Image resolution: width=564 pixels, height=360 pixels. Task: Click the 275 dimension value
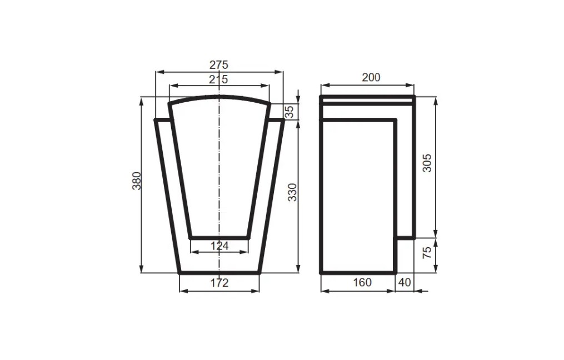pyautogui.click(x=219, y=65)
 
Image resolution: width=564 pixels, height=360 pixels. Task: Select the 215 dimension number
pyautogui.click(x=218, y=79)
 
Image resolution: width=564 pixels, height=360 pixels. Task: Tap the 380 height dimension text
pyautogui.click(x=136, y=181)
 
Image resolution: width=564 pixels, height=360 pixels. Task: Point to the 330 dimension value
pyautogui.click(x=293, y=191)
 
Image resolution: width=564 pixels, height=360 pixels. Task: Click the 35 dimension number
pyautogui.click(x=290, y=112)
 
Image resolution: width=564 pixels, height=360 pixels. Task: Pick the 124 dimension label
pyautogui.click(x=219, y=246)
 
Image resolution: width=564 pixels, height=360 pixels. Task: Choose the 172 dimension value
pyautogui.click(x=219, y=283)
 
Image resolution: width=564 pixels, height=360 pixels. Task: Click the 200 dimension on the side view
pyautogui.click(x=371, y=77)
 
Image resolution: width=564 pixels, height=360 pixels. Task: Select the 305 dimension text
pyautogui.click(x=427, y=162)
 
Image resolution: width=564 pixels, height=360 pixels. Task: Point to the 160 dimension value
pyautogui.click(x=362, y=282)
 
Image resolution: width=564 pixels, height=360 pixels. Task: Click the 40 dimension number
pyautogui.click(x=405, y=282)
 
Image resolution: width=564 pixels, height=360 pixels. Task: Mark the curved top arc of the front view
pyautogui.click(x=219, y=98)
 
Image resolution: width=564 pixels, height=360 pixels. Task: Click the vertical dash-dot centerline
pyautogui.click(x=219, y=167)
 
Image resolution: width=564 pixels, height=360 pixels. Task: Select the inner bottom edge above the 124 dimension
pyautogui.click(x=219, y=237)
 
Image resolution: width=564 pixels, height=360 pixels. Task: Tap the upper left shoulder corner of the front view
pyautogui.click(x=157, y=119)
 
